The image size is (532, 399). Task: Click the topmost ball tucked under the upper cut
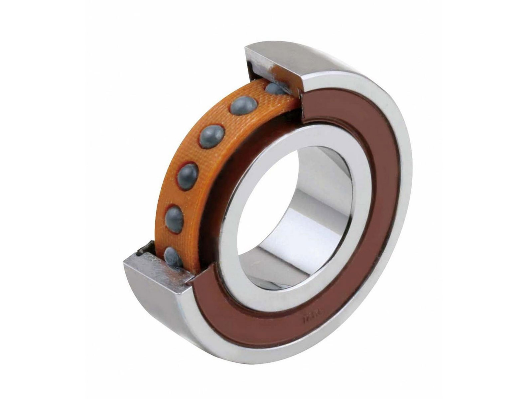(275, 89)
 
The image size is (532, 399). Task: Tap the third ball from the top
(211, 136)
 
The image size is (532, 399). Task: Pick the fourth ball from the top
(188, 176)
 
